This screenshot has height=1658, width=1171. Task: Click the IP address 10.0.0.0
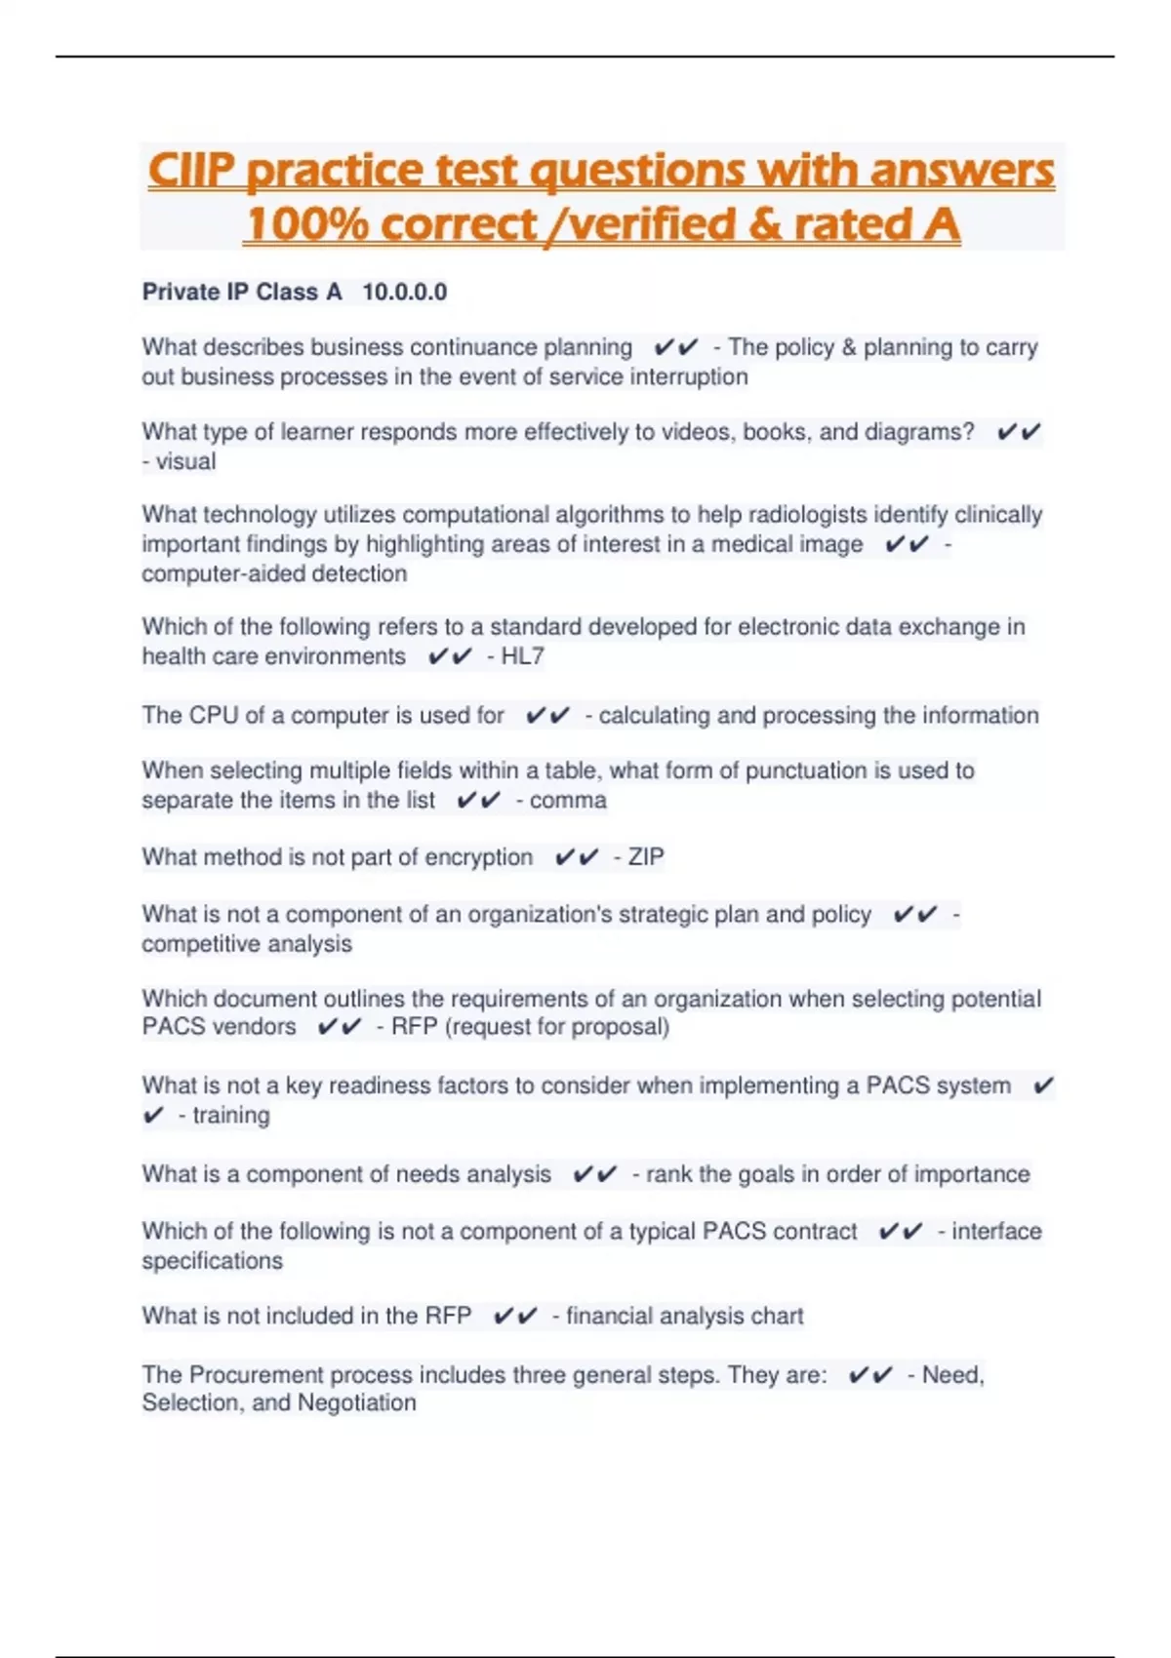(x=404, y=293)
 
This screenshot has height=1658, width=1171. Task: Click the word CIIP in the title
(x=191, y=171)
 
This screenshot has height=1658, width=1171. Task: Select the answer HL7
(x=522, y=656)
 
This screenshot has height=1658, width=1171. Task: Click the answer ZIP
(x=646, y=857)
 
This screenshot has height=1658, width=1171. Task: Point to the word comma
(x=568, y=801)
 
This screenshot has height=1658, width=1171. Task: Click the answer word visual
(x=185, y=461)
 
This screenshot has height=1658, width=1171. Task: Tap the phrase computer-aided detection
(x=274, y=573)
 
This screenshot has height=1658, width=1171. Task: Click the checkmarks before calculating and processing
(x=546, y=716)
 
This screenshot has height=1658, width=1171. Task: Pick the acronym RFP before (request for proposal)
(x=414, y=1027)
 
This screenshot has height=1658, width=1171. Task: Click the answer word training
(x=231, y=1116)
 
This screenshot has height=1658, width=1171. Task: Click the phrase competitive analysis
(x=247, y=944)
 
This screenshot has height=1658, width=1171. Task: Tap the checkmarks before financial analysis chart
(x=514, y=1317)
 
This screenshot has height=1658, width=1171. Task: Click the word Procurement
(x=252, y=1375)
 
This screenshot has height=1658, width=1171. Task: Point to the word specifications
(x=212, y=1261)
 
